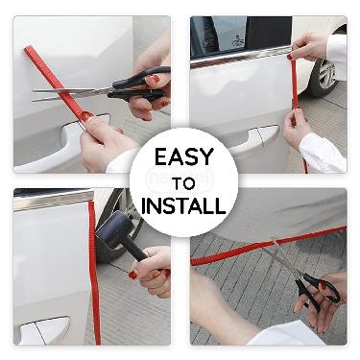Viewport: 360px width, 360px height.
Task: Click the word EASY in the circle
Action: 184,157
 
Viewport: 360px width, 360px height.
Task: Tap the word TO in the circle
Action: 183,183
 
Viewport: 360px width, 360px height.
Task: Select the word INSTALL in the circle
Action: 183,205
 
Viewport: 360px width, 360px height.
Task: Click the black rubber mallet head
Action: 113,229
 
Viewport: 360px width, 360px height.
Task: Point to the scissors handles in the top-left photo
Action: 141,84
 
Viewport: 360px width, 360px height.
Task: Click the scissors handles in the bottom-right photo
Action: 317,291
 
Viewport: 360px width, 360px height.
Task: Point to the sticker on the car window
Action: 237,41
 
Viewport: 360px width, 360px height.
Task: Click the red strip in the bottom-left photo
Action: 95,272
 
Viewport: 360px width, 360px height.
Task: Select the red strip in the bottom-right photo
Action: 268,245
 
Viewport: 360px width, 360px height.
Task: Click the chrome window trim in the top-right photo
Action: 240,57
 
